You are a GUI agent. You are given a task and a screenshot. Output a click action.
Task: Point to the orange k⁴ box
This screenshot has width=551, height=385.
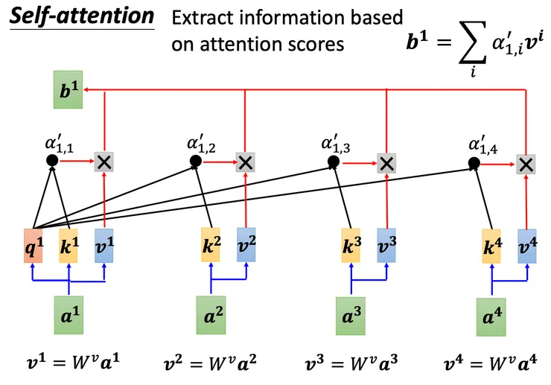click(491, 246)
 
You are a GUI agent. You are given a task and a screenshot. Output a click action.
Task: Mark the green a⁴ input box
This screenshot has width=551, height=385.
click(491, 316)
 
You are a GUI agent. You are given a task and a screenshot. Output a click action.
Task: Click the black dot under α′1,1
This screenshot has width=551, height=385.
click(51, 160)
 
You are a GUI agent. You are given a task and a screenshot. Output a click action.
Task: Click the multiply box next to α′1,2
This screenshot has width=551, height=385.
click(245, 162)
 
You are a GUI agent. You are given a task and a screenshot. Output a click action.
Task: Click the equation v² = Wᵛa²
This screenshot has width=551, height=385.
click(211, 364)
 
